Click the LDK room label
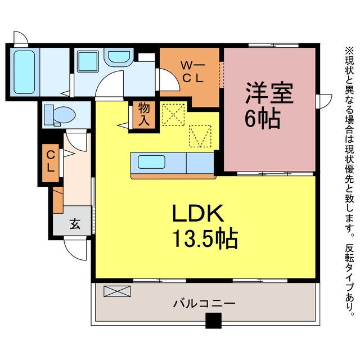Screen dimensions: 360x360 (199, 213)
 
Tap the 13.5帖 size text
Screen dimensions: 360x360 (205, 238)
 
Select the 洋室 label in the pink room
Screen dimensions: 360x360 (269, 93)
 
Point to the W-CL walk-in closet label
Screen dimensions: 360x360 (192, 71)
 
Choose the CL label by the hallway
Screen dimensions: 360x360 (51, 163)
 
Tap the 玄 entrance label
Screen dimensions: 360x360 (75, 224)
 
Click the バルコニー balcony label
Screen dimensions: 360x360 (204, 304)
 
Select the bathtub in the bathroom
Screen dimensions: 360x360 (24, 72)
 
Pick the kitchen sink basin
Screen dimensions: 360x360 (151, 162)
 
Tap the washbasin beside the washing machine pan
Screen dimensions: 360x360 (119, 56)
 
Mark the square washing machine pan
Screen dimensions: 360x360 (88, 61)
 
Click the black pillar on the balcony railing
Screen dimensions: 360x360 (213, 321)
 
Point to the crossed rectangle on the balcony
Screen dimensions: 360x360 (118, 291)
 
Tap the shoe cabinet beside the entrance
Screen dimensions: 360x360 (58, 200)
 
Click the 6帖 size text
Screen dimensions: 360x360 (263, 119)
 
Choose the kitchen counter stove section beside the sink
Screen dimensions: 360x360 (200, 163)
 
